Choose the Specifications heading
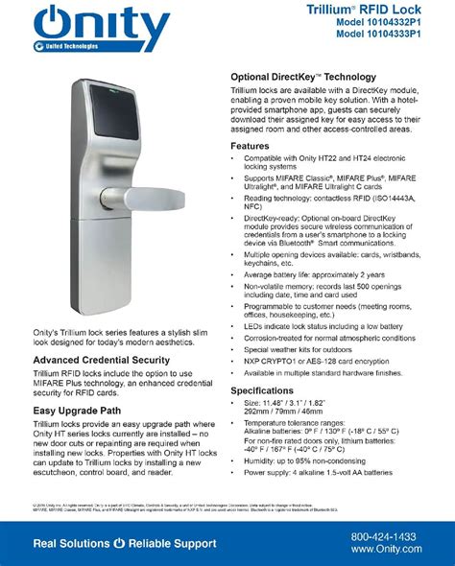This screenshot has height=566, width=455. tap(260, 390)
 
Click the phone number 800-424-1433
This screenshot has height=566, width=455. tap(384, 536)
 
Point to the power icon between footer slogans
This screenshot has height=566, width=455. tap(119, 543)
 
